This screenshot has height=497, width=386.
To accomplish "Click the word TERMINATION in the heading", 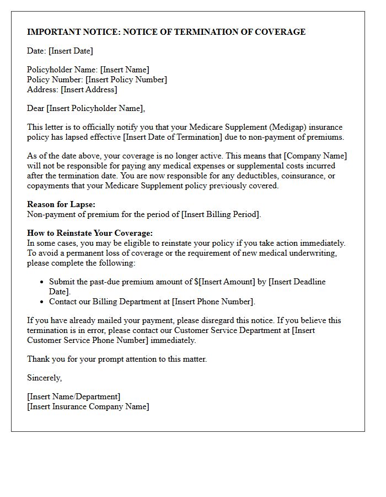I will point(209,32).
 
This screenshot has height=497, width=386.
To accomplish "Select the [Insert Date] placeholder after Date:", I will point(71,51).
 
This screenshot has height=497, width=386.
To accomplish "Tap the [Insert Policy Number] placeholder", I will point(126,80).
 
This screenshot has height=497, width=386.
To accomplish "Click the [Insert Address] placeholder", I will point(89,89).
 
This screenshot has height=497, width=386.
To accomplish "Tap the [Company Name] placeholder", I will point(315,156).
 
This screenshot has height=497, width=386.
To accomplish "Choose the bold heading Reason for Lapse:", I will point(61,204).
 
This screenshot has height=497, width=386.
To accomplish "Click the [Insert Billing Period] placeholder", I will point(221,214).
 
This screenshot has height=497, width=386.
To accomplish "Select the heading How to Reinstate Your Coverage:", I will point(90,233).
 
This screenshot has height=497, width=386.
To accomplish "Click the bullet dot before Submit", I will point(42,282).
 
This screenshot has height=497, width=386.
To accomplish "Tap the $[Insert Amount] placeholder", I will point(225,282).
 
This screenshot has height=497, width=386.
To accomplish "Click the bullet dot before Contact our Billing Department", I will point(42,302).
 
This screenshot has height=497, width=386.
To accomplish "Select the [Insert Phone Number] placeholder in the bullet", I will point(213,302).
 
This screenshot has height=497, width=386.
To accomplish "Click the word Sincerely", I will point(45,378).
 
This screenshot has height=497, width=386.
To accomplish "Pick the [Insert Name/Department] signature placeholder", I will point(73,396).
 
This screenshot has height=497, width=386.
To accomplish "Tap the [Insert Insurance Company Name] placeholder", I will point(88,406).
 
